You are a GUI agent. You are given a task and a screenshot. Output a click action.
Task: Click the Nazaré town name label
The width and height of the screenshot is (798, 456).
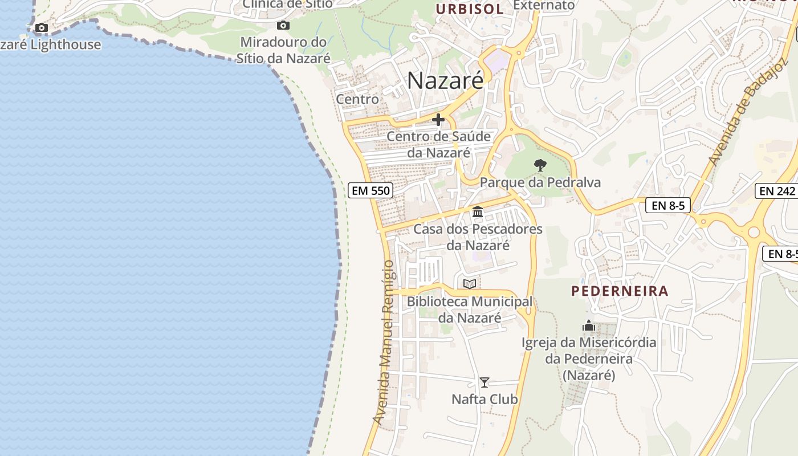(x=445, y=80)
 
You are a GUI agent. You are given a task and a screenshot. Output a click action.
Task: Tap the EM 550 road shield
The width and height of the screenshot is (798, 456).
(x=371, y=190)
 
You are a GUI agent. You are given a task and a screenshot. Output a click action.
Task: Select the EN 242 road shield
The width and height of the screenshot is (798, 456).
(x=777, y=191)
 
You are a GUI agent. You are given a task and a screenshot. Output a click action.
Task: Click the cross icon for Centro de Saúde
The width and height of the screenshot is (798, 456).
(x=438, y=120)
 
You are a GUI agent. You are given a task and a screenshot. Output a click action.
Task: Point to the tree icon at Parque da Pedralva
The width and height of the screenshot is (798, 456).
(x=540, y=165)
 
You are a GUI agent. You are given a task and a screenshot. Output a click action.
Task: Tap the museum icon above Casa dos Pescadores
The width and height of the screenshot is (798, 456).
(x=478, y=213)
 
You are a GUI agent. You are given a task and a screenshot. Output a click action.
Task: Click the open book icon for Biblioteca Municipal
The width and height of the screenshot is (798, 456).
(x=470, y=284)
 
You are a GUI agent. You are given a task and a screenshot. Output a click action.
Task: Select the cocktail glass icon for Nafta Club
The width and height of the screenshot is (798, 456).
(x=484, y=382)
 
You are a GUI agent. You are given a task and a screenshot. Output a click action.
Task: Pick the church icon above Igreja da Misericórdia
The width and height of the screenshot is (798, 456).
(x=589, y=326)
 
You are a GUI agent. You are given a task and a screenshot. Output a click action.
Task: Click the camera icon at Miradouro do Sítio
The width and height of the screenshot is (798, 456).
(x=283, y=25)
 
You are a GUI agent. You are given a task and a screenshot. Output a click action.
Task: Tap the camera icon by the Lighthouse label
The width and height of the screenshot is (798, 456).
(x=41, y=27)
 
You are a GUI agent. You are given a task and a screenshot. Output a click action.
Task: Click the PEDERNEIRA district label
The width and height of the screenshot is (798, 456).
(x=620, y=291)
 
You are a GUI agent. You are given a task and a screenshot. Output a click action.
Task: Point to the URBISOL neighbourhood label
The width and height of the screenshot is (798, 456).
(x=470, y=9)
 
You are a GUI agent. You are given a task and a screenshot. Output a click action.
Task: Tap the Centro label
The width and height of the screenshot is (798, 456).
(x=357, y=99)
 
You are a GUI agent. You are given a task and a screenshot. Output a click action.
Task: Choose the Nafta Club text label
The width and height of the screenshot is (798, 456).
(x=484, y=399)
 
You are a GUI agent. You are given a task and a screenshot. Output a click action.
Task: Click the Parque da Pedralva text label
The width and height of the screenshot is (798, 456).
(x=540, y=182)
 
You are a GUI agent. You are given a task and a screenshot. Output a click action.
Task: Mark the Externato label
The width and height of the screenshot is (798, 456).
(x=544, y=5)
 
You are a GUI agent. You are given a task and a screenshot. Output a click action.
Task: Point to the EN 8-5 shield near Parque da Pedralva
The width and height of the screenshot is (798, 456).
(x=667, y=205)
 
